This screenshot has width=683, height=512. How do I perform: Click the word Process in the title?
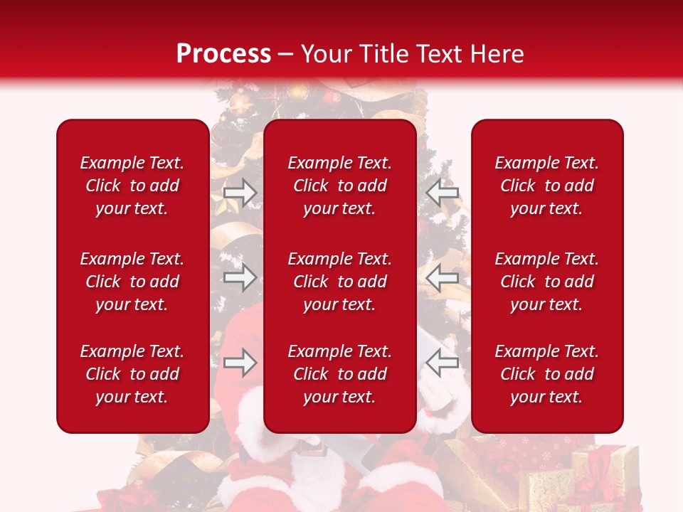[223, 54]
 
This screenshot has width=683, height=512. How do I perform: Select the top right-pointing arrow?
[240, 192]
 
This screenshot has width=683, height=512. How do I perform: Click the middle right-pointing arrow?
[240, 278]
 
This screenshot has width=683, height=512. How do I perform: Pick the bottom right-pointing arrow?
[240, 363]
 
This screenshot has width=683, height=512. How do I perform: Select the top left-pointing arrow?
[443, 192]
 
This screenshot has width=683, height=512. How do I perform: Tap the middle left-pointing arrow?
[443, 278]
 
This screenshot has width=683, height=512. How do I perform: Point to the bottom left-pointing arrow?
[443, 363]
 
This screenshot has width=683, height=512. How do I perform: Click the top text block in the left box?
[132, 186]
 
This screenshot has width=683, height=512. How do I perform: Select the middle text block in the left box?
[132, 282]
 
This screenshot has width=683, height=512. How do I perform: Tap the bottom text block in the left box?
[132, 374]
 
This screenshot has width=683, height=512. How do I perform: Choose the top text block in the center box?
[340, 186]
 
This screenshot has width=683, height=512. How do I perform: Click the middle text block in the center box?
[340, 282]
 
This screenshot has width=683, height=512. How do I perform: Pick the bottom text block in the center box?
[340, 374]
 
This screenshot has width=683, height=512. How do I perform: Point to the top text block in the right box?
[547, 186]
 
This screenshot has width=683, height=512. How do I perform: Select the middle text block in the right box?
[547, 282]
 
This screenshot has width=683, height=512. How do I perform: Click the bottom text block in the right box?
[547, 374]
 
